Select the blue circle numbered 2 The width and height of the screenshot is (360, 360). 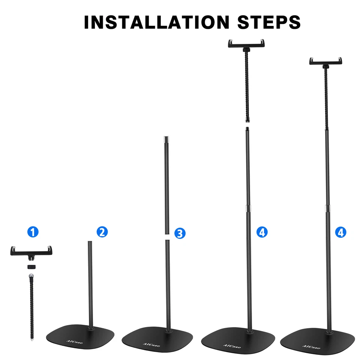point(102,232)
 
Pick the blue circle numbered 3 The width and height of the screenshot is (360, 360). point(180,233)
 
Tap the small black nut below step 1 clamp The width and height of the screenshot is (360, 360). point(31,267)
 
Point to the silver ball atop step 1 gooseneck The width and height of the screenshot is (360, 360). point(31,276)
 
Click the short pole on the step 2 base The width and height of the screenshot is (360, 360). point(90,281)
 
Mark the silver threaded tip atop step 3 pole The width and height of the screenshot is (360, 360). point(165,139)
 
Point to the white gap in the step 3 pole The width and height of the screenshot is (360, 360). point(167,233)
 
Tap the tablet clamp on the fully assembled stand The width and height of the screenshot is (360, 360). point(325,61)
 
